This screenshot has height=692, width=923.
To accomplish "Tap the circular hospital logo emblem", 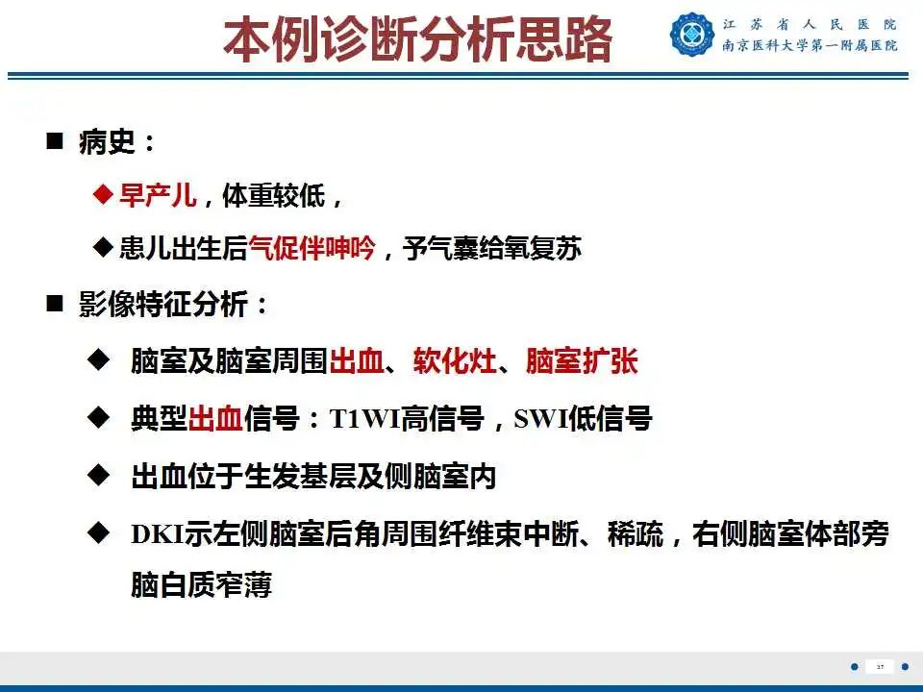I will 692,34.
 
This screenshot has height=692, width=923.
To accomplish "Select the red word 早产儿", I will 158,196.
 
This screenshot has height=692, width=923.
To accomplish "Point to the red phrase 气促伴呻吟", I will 312,249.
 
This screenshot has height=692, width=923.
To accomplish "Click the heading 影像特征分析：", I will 174,306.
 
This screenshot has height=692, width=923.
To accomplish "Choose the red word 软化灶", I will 455,362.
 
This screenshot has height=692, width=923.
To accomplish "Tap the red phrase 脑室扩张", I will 581,362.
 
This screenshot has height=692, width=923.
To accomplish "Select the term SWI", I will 540,419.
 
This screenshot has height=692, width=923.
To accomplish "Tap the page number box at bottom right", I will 879,666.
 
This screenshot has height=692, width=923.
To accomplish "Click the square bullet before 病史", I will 55,143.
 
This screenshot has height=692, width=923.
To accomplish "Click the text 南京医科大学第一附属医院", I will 810,45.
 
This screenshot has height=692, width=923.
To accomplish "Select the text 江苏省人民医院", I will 810,24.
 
